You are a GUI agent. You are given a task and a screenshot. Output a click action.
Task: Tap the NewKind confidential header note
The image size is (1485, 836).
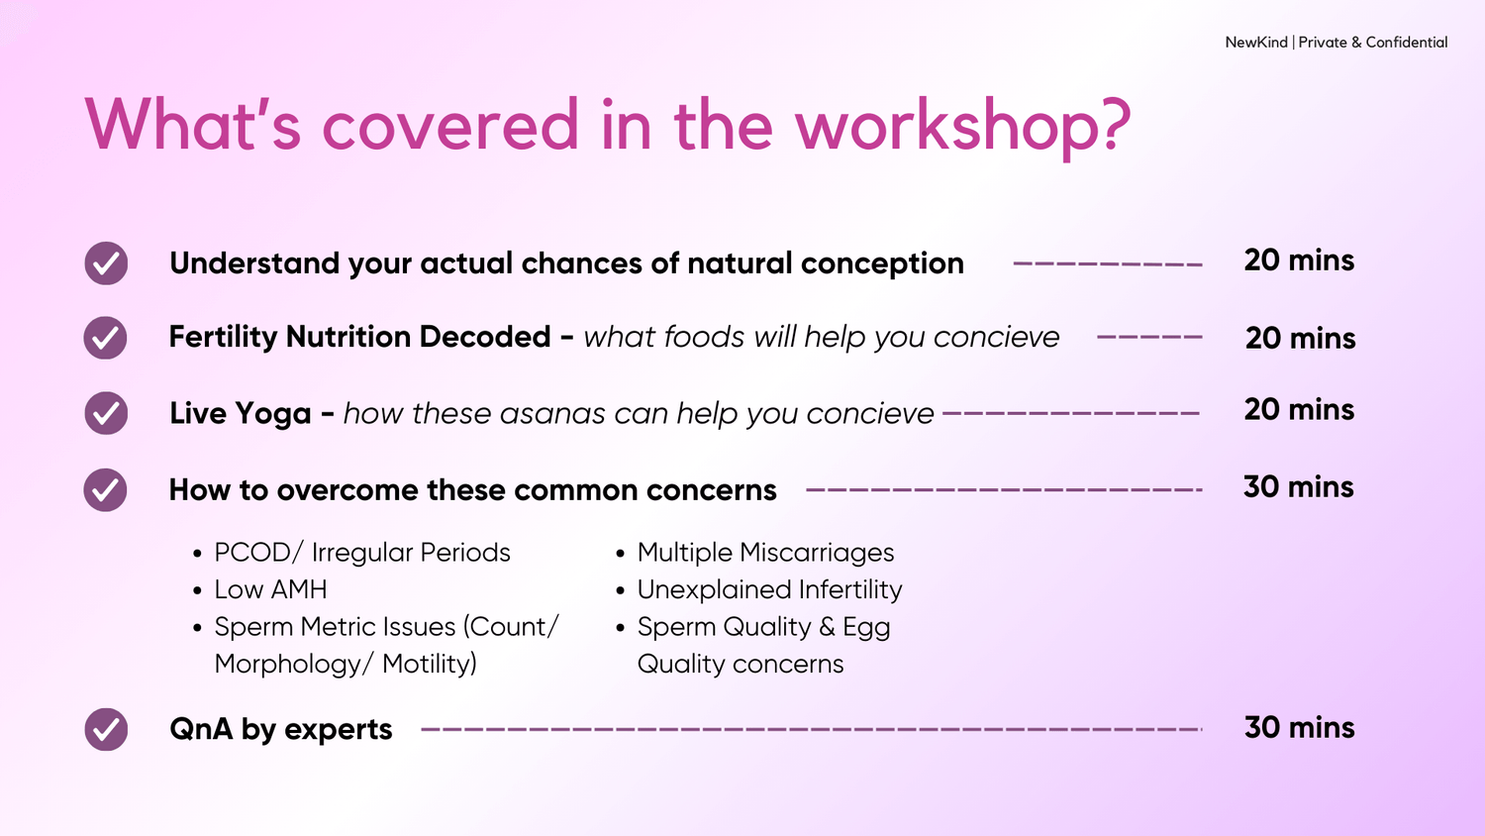[x=1336, y=43]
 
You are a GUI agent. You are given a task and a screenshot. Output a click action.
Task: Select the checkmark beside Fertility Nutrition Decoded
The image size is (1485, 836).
[x=105, y=338]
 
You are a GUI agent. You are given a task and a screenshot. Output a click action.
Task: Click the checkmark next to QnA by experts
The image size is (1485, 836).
[x=106, y=729]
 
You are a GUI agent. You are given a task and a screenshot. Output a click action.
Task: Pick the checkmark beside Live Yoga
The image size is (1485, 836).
[x=106, y=413]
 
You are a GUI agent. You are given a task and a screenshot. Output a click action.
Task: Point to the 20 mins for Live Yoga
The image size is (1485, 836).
[x=1299, y=409]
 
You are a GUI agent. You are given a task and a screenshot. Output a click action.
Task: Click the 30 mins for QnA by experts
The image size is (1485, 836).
[x=1299, y=727]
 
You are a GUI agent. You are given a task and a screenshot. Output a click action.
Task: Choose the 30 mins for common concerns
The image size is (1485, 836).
[x=1298, y=487]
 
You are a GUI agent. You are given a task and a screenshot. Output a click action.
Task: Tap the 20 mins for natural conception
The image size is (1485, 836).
[x=1299, y=261]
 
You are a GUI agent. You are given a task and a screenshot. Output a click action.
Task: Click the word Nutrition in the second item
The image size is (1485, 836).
[x=351, y=337]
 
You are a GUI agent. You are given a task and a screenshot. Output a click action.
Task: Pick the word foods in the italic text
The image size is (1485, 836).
[x=704, y=337]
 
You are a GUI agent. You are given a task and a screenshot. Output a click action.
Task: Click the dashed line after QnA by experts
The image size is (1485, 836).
[x=812, y=729]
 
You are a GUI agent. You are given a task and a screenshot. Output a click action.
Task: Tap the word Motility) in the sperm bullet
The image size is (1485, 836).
[x=430, y=664]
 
